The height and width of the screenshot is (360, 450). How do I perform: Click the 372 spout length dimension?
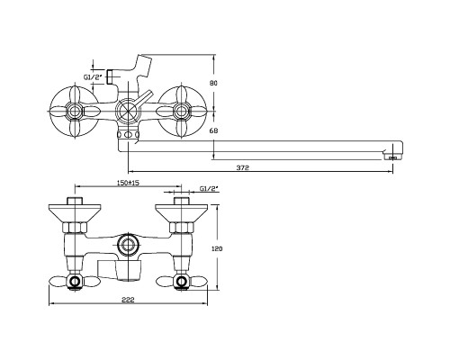pyautogui.click(x=242, y=168)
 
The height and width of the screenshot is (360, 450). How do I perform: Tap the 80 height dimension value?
pyautogui.click(x=213, y=84)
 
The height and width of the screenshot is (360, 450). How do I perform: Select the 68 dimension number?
pyautogui.click(x=213, y=130)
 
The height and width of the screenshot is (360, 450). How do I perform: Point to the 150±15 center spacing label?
pyautogui.click(x=128, y=183)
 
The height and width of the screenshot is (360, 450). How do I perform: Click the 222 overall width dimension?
pyautogui.click(x=128, y=300)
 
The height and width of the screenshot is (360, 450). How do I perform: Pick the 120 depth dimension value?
pyautogui.click(x=217, y=248)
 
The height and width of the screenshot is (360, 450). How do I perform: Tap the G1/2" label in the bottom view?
pyautogui.click(x=209, y=189)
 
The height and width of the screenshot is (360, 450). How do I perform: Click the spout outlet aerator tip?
pyautogui.click(x=392, y=157)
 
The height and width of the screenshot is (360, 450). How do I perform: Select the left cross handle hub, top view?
pyautogui.click(x=74, y=112)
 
